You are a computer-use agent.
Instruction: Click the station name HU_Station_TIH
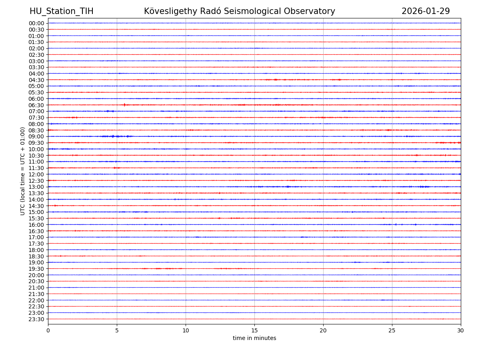61,12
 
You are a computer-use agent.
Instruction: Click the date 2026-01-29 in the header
426,12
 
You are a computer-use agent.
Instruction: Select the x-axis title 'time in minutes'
254,338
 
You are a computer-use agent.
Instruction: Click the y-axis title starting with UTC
23,171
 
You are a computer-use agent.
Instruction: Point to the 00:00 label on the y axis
36,23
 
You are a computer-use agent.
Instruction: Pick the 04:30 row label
36,80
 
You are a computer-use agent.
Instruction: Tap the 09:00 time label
36,137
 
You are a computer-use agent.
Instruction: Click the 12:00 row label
36,174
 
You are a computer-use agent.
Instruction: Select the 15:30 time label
36,218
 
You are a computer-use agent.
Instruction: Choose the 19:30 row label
36,269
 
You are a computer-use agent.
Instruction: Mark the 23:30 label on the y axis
36,319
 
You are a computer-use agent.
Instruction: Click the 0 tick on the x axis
48,331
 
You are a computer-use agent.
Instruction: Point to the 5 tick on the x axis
117,331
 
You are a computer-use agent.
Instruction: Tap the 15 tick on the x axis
254,331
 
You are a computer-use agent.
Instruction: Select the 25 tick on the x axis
392,331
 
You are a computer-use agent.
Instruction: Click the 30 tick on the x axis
461,331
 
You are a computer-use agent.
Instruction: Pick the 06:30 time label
36,105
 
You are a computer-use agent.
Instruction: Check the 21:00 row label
36,288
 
